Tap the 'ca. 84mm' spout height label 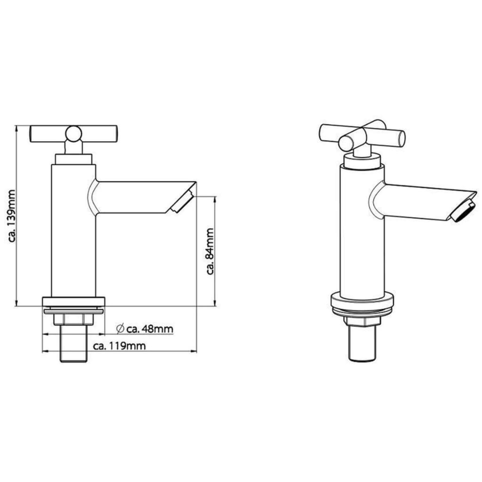pos(210,251)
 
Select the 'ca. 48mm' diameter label pos(150,329)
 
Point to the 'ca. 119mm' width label pos(119,346)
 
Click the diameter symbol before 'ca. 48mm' pos(120,328)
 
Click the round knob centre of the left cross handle pos(73,134)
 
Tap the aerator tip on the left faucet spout pos(181,202)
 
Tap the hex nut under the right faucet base pos(361,321)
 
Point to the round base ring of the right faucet pos(362,304)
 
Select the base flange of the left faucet pos(73,302)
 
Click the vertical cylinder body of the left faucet pos(73,235)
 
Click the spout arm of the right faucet pos(419,200)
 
